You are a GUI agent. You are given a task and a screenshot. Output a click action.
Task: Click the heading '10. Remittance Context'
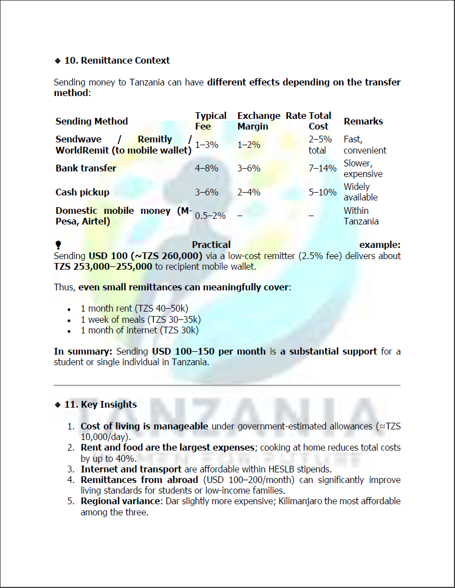117,60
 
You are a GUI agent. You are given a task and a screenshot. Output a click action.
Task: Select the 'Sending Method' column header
92,121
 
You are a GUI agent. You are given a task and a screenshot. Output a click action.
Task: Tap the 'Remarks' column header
363,121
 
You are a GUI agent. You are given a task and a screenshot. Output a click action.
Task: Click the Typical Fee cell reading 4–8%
206,168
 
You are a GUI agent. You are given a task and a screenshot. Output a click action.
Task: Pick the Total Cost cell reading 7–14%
323,168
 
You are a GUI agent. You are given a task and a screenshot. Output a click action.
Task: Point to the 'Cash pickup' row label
82,192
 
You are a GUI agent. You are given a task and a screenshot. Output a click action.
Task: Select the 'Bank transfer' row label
86,168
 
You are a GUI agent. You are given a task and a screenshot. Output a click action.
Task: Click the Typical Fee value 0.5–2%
210,216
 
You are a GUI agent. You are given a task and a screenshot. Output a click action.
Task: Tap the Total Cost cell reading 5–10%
323,192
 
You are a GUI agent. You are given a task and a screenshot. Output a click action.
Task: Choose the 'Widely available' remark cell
361,192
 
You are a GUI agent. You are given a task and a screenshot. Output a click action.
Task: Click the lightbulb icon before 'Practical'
58,245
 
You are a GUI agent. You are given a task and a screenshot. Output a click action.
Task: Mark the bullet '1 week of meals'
140,319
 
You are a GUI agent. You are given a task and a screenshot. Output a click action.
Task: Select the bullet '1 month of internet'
139,330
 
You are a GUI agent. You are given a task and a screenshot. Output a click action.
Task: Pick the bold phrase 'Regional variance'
120,501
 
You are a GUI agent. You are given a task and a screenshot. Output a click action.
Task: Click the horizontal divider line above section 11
227,385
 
